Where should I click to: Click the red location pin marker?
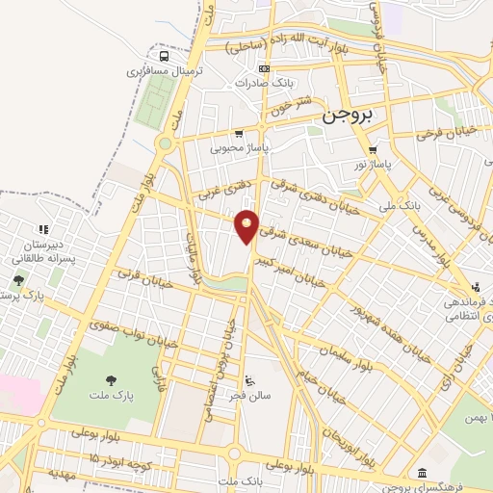247,227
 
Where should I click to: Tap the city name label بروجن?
348,116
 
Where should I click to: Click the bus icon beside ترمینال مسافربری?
164,55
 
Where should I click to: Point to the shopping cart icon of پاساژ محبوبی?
239,134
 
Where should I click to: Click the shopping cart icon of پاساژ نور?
373,150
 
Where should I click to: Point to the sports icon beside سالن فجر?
250,377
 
